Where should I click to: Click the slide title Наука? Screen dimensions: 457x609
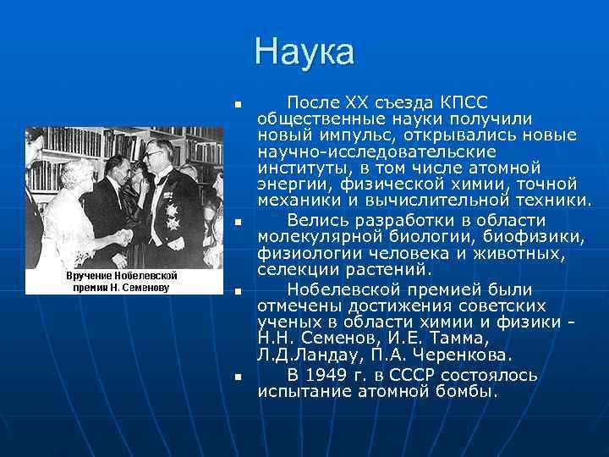pos(304,53)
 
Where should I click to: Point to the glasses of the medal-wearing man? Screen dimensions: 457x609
pos(156,155)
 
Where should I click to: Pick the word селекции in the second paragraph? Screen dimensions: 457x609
pos(295,270)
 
